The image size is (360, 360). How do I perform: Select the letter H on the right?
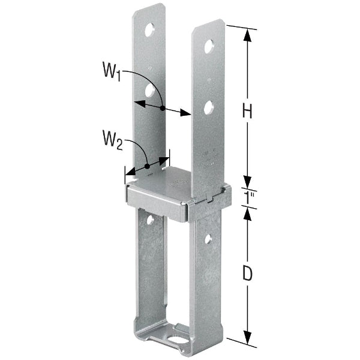pos(246,110)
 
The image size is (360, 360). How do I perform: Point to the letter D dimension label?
pos(246,273)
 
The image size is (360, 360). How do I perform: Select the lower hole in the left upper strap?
pos(149,91)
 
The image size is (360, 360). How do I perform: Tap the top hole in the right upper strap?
pos(209,46)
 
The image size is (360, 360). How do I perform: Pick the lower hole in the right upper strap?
pos(209,108)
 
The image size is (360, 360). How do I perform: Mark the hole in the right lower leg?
pos(208,239)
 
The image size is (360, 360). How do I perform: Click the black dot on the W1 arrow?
pos(163,107)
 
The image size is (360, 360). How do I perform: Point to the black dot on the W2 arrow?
pos(147,166)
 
